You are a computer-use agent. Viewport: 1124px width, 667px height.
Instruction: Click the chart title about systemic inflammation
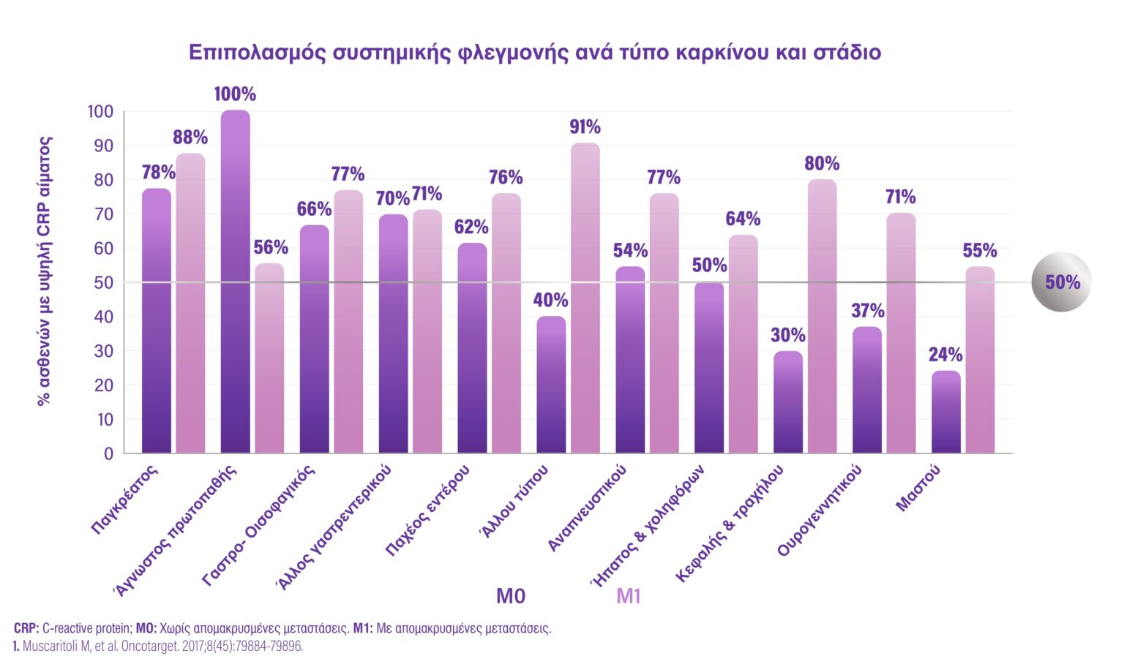click(535, 53)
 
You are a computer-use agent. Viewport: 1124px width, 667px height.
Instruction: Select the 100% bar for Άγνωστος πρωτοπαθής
click(235, 282)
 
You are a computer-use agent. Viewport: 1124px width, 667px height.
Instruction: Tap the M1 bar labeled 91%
click(585, 298)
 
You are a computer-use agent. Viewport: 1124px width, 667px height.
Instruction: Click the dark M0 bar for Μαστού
click(945, 412)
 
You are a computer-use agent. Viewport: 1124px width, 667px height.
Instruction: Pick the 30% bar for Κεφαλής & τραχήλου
click(788, 402)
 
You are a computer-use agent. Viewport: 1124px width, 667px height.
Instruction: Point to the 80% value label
click(822, 163)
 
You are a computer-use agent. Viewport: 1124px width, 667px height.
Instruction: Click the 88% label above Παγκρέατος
click(190, 137)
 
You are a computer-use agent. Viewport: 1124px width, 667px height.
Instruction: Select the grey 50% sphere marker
click(1060, 282)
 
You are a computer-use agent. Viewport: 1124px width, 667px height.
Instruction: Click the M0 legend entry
click(511, 597)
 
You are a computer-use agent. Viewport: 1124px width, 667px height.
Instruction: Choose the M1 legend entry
click(629, 597)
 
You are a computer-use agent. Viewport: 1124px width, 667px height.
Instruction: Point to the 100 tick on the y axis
click(100, 112)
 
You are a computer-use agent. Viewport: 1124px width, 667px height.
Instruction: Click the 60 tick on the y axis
click(104, 249)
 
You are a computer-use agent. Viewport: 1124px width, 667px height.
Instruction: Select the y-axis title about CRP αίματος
click(45, 271)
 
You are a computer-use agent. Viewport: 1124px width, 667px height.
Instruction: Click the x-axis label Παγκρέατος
click(125, 500)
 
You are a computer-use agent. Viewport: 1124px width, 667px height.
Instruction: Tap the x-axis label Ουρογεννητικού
click(820, 510)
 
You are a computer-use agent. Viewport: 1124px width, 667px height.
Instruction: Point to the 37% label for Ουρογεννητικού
click(867, 311)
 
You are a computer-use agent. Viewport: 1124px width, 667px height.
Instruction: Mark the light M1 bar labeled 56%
click(269, 358)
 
